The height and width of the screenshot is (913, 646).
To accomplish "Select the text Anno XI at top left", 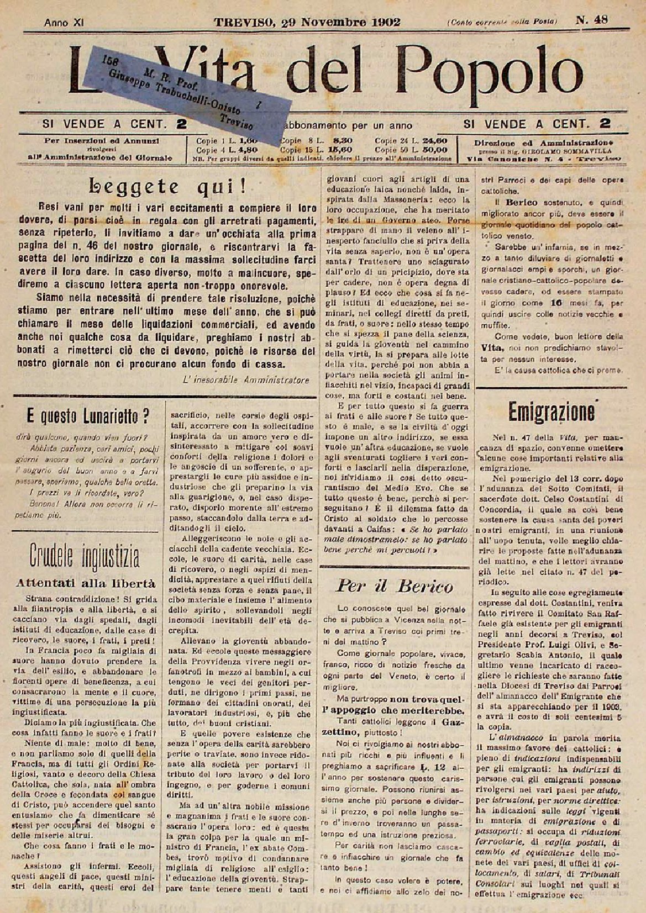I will [x=64, y=23].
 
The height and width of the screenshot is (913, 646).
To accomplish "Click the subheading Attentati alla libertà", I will [x=86, y=583].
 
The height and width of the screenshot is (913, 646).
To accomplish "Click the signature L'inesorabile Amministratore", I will [x=245, y=381].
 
